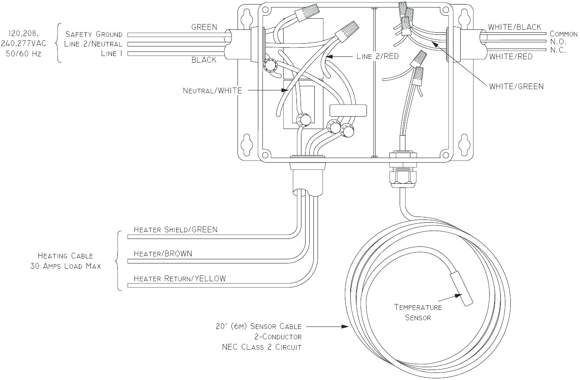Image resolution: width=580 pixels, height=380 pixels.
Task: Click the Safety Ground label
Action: point(94,34)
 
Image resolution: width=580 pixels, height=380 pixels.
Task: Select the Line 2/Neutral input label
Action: point(93,44)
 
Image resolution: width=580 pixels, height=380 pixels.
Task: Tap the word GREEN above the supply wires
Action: point(204,27)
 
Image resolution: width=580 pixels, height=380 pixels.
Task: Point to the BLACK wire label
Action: point(204,60)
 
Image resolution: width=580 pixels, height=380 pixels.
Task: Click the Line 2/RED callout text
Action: point(377,56)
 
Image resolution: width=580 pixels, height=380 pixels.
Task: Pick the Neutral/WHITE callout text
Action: point(212,90)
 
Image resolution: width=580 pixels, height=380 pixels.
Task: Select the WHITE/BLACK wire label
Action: point(514,27)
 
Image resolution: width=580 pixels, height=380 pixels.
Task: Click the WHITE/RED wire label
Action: point(511,56)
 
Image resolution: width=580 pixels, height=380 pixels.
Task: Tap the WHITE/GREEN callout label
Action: point(516,86)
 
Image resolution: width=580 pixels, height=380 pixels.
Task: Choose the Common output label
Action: point(563,34)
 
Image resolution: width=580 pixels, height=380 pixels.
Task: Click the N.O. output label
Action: point(558,42)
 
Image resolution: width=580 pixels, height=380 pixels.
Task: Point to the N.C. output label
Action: point(558,50)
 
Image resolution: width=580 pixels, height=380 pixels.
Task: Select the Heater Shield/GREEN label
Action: point(175,229)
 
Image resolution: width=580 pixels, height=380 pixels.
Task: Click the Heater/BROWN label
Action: point(163,253)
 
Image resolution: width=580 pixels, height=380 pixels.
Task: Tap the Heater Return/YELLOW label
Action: point(180,278)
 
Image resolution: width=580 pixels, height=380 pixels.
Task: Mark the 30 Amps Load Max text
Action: point(66,266)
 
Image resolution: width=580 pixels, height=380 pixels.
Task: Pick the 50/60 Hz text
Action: point(24,54)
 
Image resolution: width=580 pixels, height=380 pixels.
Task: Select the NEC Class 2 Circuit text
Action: point(262,347)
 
